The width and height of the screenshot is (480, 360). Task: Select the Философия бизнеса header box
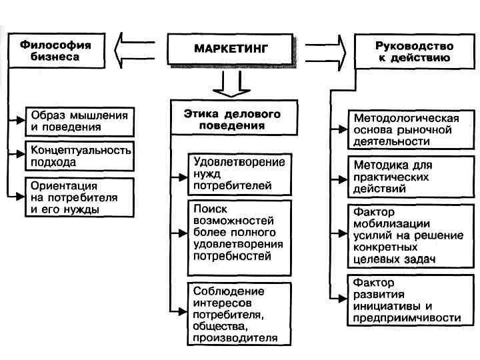[56, 50]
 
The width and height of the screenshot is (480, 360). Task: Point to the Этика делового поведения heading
[233, 118]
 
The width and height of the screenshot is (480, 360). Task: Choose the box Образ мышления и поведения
[79, 120]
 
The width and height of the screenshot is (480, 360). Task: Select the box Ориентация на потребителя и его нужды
[79, 197]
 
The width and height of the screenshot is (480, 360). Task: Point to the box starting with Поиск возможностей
[239, 237]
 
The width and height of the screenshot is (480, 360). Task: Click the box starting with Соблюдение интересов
[239, 314]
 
